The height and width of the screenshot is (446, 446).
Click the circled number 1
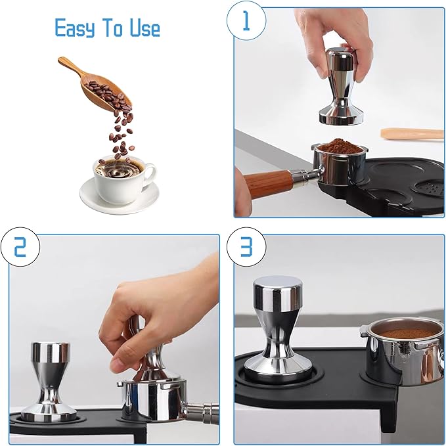[246, 21]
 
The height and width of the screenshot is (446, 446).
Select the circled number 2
[20, 247]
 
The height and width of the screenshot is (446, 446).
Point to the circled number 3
[246, 247]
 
